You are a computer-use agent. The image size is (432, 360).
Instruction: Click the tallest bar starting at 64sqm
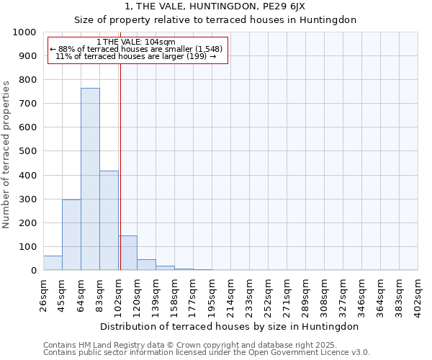pos(90,179)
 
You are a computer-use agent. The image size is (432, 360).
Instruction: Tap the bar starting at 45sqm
pos(71,235)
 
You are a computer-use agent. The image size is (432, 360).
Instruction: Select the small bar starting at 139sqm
pos(165,268)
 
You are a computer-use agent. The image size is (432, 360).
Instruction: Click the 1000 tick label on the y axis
pos(24,32)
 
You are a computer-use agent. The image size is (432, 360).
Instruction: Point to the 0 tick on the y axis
pos(33,271)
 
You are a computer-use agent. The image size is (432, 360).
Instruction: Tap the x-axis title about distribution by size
pos(229,326)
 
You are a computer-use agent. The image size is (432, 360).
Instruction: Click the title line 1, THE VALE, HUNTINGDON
pos(215,6)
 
